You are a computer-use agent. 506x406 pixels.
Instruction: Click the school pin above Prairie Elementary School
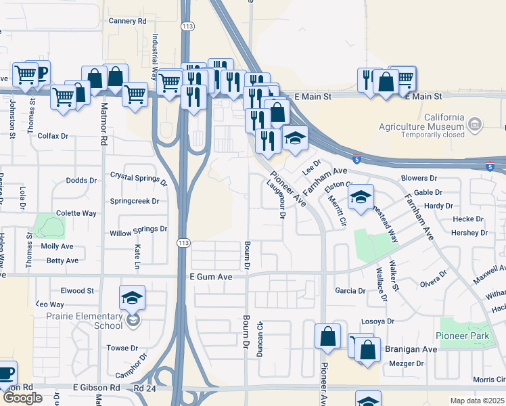click(132, 298)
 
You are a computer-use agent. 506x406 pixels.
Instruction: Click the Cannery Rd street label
click(128, 21)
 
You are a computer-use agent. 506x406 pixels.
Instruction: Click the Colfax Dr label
click(54, 136)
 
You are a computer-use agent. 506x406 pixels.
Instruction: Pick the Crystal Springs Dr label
click(139, 178)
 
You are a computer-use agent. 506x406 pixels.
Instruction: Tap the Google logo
click(22, 398)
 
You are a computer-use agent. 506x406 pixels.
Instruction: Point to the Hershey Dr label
click(469, 233)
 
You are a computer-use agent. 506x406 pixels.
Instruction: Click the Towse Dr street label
click(122, 348)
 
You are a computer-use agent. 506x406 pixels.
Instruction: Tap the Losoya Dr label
click(377, 321)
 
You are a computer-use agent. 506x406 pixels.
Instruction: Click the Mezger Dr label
click(407, 363)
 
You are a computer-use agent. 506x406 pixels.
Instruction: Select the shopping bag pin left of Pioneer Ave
click(327, 336)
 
